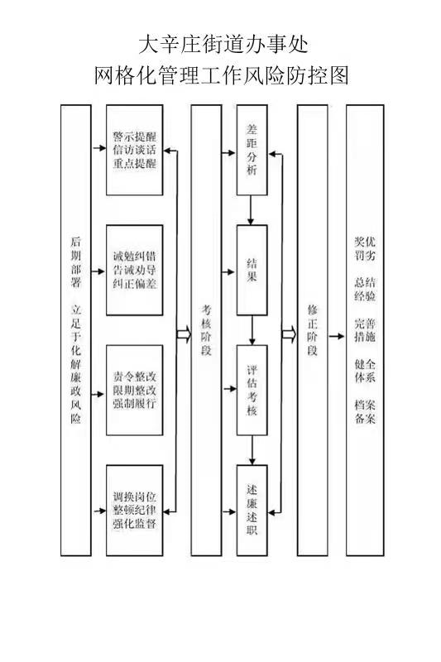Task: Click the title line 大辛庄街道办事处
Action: coord(223,45)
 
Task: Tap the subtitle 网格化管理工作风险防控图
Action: coord(221,75)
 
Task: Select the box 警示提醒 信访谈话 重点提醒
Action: coord(135,150)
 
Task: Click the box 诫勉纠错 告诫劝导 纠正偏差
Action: coord(135,271)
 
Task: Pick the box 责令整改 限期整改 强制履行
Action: coord(135,390)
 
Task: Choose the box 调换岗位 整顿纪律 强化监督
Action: coord(135,511)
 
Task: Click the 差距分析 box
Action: coord(252,150)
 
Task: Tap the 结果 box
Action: coord(252,271)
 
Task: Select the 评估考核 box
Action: coord(252,390)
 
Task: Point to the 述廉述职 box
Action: coord(252,511)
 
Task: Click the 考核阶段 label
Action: coord(206,330)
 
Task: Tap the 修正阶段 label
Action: coord(313,330)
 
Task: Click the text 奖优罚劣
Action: coord(365,248)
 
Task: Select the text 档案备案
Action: coord(365,411)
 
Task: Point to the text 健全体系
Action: coord(365,371)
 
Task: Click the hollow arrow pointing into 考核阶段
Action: coord(184,334)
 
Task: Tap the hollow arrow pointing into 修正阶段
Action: coord(289,334)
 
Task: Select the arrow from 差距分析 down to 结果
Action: coord(251,210)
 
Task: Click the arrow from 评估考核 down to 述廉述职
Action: coord(252,450)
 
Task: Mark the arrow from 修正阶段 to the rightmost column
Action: coord(337,336)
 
